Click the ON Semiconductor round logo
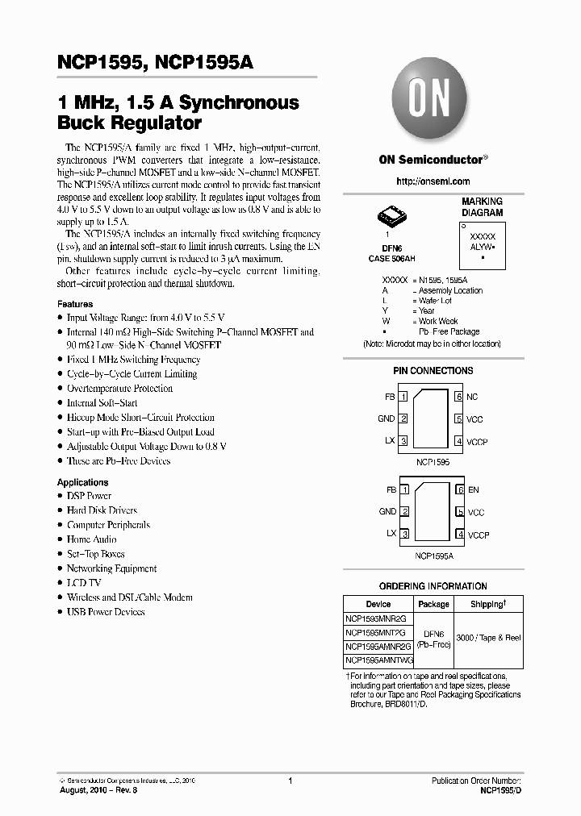424,102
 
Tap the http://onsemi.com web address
424,181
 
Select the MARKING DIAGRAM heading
482,207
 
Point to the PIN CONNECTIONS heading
433,371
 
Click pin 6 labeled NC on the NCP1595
471,397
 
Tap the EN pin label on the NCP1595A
473,489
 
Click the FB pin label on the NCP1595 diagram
391,397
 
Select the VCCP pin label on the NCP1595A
478,535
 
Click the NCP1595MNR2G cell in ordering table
378,618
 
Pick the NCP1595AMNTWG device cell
378,660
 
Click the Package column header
433,604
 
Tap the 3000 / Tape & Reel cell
488,638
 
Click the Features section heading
75,304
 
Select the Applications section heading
82,482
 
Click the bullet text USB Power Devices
106,612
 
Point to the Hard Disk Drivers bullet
102,510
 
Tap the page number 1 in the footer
290,781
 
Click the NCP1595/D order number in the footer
500,792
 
